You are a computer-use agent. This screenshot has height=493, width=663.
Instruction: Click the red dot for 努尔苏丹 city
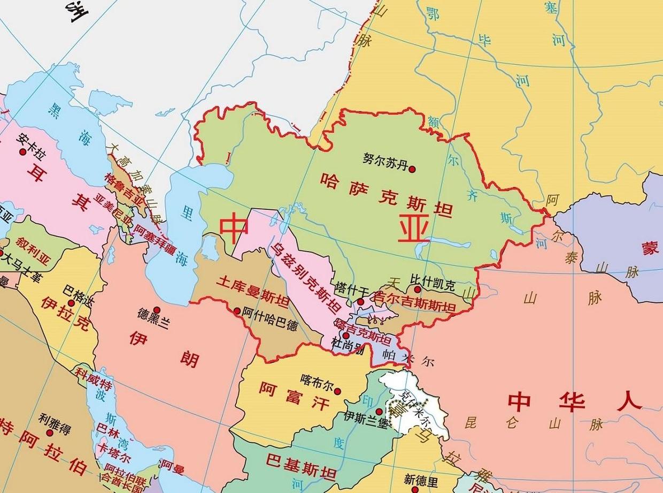[412, 169]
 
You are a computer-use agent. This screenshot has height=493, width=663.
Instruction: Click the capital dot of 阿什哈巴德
[237, 310]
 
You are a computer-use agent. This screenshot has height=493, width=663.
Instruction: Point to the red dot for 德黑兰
[157, 309]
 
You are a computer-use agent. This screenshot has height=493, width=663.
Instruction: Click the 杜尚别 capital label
[348, 345]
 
